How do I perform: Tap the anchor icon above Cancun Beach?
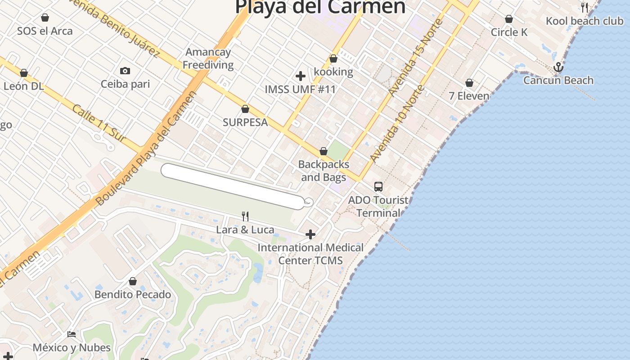coord(558,67)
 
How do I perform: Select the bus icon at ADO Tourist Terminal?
coord(378,186)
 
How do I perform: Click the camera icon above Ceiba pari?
coord(125,71)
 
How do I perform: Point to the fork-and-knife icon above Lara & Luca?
coord(245,216)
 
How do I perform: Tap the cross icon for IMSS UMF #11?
coord(301,76)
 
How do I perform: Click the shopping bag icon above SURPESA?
coord(245,109)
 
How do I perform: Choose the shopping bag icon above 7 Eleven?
coord(469,83)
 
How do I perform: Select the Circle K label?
coord(509,32)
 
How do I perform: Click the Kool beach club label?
coord(585,21)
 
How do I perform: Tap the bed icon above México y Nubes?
coord(72,334)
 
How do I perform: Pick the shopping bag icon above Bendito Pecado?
coord(133,281)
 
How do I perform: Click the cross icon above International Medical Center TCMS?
coord(310,234)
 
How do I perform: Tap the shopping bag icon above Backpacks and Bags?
coord(324,151)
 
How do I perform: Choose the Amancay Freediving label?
coord(208,58)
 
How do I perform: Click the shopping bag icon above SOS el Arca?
coord(45,18)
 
